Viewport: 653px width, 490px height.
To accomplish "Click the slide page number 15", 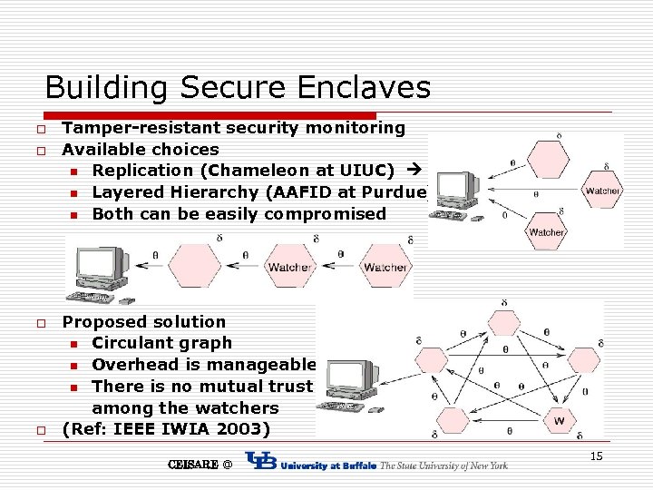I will pos(596,456).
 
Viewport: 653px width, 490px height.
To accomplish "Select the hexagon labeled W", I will pos(559,421).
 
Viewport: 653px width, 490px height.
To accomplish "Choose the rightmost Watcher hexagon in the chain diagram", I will pos(385,267).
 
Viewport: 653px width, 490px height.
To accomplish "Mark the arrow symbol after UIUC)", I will pos(415,171).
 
